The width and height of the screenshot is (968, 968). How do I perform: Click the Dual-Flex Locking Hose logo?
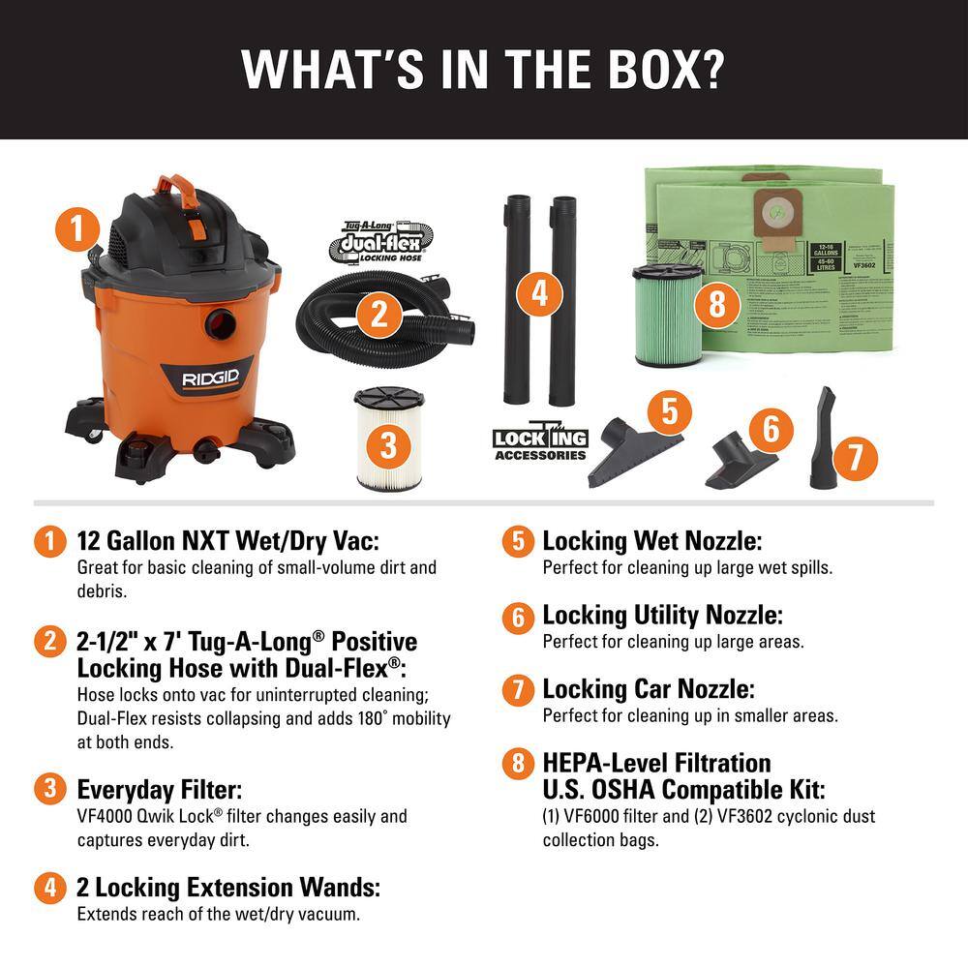(365, 241)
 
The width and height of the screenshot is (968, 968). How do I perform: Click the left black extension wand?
(512, 300)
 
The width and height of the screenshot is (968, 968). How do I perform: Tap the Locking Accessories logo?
(540, 442)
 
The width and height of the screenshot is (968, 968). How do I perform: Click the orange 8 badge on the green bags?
(716, 304)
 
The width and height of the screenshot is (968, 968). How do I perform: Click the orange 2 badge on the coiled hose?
(379, 313)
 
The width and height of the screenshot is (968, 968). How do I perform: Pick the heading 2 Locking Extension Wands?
(228, 887)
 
